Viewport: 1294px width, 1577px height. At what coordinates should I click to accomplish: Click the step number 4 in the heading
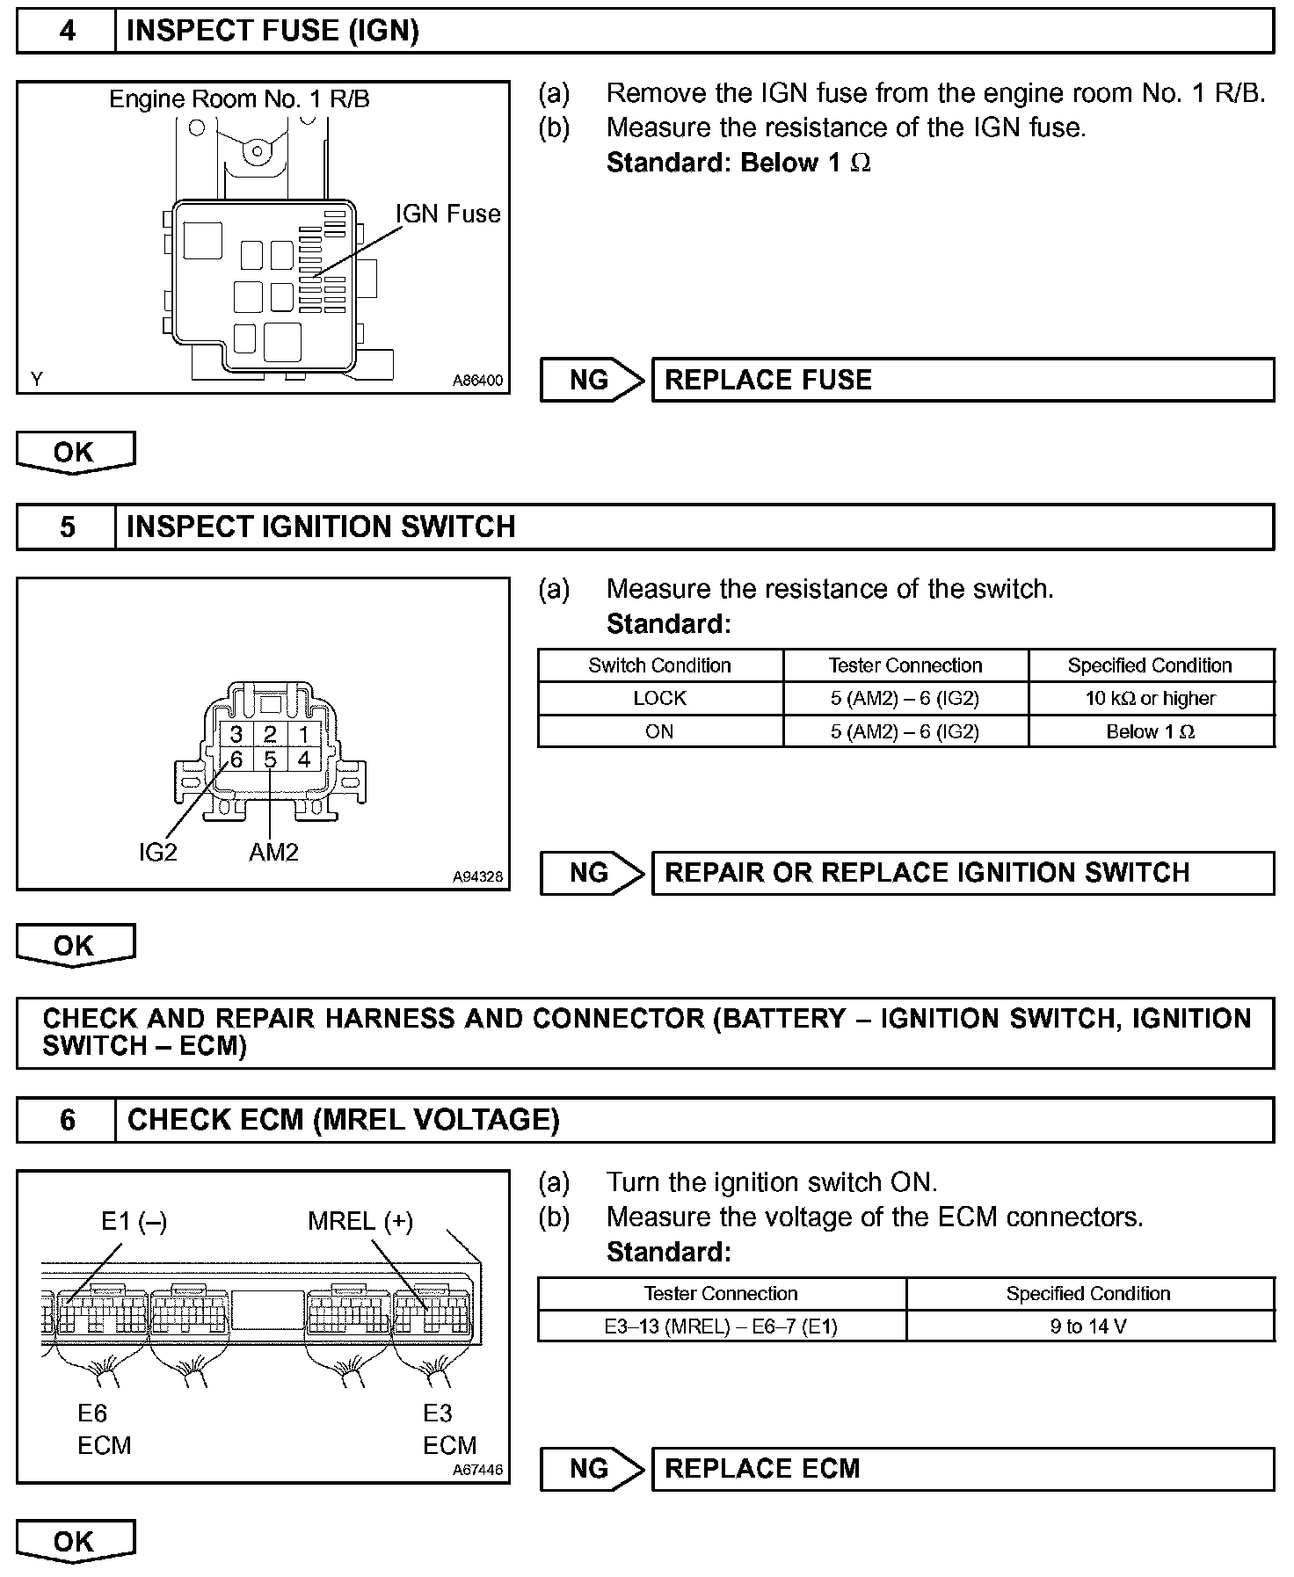coord(67,31)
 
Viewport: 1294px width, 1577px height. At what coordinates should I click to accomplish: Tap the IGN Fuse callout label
coord(447,214)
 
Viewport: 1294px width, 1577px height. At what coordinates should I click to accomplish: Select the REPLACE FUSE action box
coord(963,380)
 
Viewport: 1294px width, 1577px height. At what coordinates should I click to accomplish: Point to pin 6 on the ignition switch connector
coord(236,759)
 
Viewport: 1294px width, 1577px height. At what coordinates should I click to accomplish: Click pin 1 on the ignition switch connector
coord(303,734)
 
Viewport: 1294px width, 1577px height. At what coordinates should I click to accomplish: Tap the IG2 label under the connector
coord(158,852)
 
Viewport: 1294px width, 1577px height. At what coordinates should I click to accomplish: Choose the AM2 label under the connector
coord(273,852)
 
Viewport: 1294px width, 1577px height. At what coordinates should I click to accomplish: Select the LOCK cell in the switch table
coord(659,698)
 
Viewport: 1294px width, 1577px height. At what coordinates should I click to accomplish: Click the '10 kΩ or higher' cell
coord(1151,698)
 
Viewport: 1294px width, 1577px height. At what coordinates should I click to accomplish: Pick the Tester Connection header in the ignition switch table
coord(905,665)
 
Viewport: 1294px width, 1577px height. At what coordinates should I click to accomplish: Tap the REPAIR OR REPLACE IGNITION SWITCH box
coord(963,873)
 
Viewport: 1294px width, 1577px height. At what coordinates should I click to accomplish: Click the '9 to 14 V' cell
coord(1088,1326)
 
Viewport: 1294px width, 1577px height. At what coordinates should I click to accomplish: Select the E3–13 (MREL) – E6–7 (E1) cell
coord(721,1326)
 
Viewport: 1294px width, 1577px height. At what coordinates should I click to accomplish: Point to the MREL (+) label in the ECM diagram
coord(360,1221)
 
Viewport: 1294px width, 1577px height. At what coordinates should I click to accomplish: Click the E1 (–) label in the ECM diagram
coord(134,1221)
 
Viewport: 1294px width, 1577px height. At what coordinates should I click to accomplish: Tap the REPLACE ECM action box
coord(963,1469)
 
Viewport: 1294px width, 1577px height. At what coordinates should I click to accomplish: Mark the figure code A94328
coord(478,876)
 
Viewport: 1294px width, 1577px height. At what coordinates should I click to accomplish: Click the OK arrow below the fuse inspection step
coord(76,452)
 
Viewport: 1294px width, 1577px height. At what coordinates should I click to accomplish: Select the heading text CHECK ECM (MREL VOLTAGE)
coord(344,1120)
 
